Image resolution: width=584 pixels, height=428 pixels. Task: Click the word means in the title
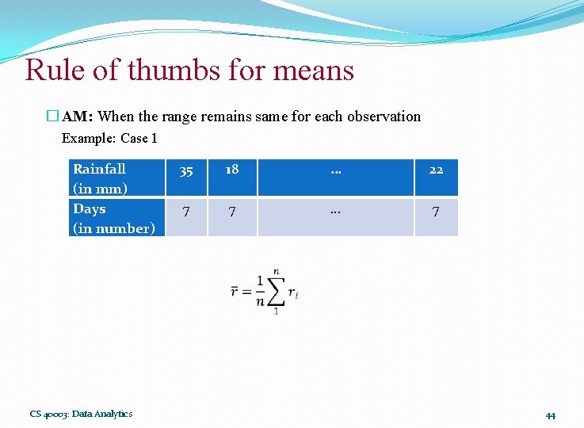312,71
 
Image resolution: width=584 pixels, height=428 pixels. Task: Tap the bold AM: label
78,117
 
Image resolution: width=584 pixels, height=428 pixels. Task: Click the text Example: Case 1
109,138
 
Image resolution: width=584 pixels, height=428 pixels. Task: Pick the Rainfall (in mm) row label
100,178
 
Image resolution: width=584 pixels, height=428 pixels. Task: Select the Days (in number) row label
113,219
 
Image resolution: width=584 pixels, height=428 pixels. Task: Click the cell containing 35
186,170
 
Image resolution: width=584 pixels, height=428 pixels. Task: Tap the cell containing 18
231,170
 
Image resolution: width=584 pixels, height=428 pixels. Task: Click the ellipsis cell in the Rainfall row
336,170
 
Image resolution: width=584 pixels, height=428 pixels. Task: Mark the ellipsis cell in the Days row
336,212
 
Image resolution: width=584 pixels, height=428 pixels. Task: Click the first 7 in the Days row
186,212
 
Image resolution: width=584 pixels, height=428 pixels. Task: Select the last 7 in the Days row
436,212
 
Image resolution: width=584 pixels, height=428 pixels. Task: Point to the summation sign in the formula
275,292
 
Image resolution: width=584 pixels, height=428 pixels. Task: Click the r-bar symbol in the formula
235,291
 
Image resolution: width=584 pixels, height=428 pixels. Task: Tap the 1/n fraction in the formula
259,291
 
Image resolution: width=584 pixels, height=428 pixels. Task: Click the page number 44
550,415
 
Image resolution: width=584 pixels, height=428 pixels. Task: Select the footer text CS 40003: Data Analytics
82,414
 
